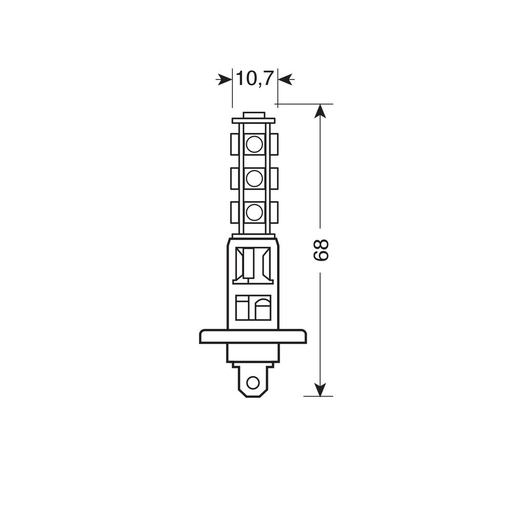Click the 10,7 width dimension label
coord(254,79)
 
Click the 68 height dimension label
coord(321,250)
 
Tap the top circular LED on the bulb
coord(254,144)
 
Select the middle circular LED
coord(254,179)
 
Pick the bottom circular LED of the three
coord(254,213)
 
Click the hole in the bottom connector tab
coord(252,382)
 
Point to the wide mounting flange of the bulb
coord(253,337)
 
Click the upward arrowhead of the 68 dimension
coord(320,111)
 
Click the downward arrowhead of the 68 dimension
coord(320,389)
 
